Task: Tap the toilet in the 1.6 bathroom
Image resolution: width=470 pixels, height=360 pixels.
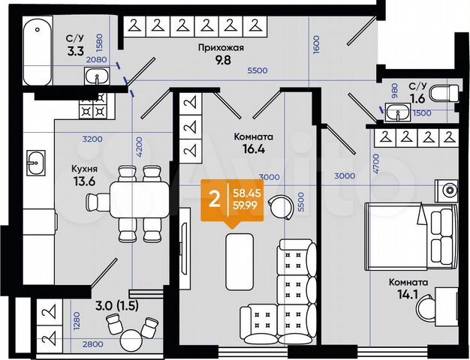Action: click(x=447, y=94)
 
